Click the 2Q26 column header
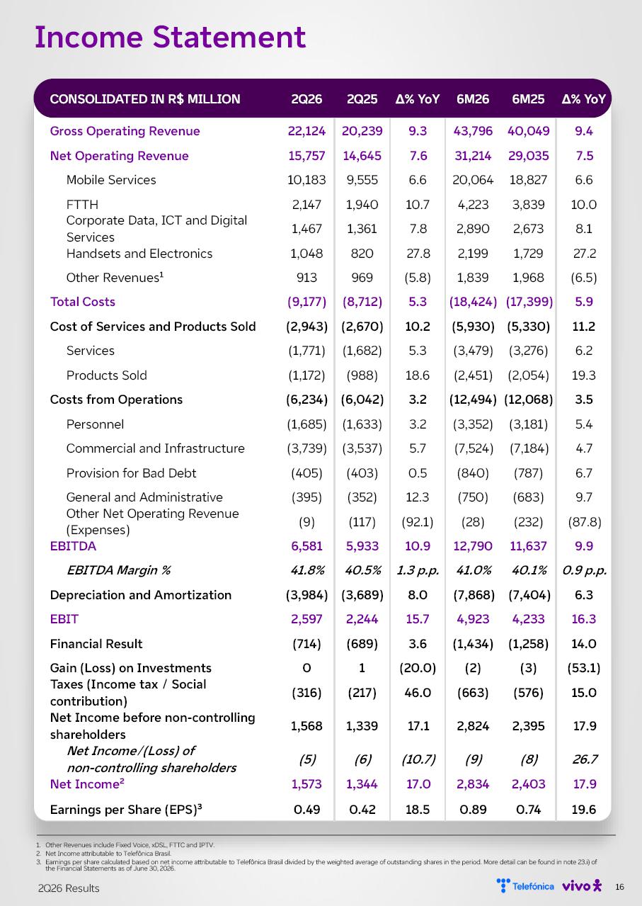306,99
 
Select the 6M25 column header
528,99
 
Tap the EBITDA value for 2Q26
306,546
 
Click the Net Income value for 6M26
473,784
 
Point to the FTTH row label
82,205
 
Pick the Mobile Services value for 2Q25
362,180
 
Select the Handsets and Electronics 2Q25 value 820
362,254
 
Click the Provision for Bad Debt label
131,472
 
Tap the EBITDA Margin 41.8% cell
307,570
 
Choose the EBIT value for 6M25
528,619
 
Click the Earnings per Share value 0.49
306,810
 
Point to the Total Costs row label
83,302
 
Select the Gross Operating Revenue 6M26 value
473,131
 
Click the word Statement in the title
229,38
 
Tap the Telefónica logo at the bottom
525,886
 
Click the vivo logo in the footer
582,886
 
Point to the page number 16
619,887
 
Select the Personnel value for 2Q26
306,424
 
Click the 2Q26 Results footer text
69,888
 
